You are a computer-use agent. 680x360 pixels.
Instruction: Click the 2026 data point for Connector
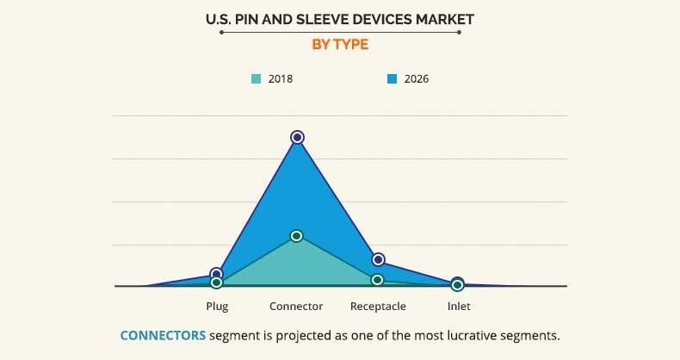(x=297, y=137)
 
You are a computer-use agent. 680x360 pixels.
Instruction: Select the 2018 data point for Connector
(x=297, y=236)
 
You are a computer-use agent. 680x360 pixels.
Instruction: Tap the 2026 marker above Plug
(x=216, y=274)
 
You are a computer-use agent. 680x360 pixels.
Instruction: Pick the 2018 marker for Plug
(x=216, y=282)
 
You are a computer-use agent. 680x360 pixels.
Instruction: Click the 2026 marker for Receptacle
(x=378, y=259)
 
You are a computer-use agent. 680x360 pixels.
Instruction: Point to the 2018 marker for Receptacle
(x=377, y=280)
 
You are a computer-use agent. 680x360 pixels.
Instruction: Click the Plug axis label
(x=217, y=307)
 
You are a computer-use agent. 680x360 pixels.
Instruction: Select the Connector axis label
(x=296, y=307)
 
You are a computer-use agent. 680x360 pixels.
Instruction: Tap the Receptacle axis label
(x=378, y=307)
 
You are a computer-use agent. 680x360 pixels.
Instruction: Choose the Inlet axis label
(x=459, y=307)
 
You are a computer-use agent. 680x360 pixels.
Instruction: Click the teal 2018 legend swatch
(x=256, y=79)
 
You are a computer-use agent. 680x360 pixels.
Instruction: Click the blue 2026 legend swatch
(x=392, y=79)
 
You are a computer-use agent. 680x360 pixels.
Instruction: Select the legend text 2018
(x=281, y=79)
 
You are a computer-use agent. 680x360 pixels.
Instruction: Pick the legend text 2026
(x=417, y=79)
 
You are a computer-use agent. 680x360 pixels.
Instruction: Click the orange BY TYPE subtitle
(x=339, y=45)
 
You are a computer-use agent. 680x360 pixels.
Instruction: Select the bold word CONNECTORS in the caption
(x=163, y=335)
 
